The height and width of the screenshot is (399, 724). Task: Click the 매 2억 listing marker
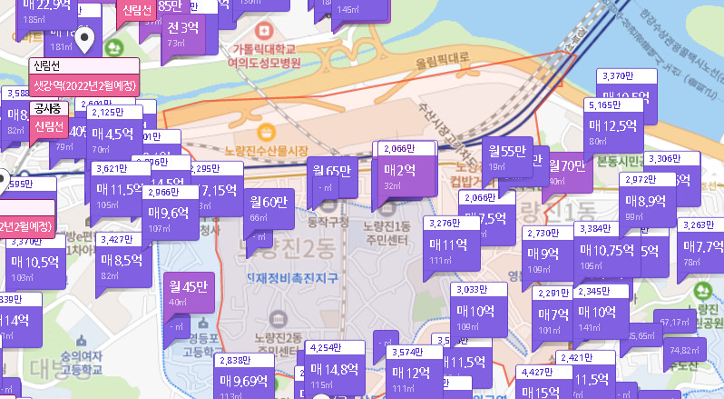click(x=398, y=170)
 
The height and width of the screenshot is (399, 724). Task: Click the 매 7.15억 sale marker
click(x=218, y=192)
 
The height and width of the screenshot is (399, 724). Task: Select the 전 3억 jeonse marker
click(x=182, y=29)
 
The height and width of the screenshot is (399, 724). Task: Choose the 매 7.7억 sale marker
click(x=703, y=247)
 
